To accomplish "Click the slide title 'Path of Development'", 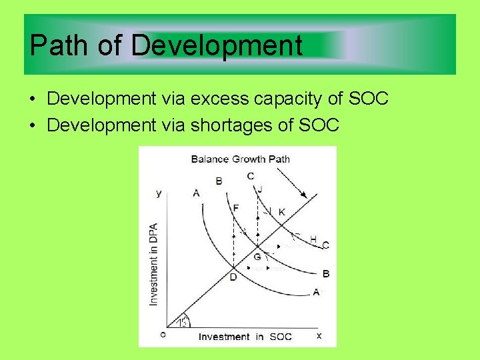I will pos(166,46).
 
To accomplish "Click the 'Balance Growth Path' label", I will pos(240,159).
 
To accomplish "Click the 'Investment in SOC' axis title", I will pos(245,337).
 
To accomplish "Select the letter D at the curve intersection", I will pos(233,277).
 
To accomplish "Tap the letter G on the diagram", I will pos(257,257).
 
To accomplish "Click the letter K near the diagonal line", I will pos(282,212).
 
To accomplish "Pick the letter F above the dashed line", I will pos(235,208).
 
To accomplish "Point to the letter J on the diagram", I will pos(259,189).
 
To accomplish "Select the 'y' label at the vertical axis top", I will pos(159,193).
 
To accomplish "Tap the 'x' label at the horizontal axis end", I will pos(319,335).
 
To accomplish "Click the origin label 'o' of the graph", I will pos(163,335).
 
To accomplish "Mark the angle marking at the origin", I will pos(183,321).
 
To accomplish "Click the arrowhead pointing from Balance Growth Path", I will pos(303,195).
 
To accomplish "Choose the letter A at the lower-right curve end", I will pos(315,291).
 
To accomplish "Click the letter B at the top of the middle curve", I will pos(219,181).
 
